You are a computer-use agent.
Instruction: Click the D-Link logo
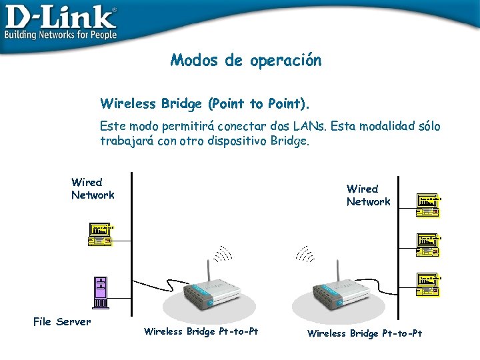60,16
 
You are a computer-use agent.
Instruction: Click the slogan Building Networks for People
61,35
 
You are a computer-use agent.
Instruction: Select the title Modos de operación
246,61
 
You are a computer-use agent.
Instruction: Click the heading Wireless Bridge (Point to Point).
205,104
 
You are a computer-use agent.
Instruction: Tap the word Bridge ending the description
290,141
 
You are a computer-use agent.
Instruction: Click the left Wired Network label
93,189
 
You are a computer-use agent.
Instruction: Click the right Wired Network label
368,195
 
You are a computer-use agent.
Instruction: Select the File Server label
62,322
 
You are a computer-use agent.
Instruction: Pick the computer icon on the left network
101,235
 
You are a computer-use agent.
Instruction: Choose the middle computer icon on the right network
429,245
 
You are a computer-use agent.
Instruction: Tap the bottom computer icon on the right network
429,283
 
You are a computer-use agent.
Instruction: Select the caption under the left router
201,331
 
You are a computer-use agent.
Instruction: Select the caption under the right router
364,333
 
